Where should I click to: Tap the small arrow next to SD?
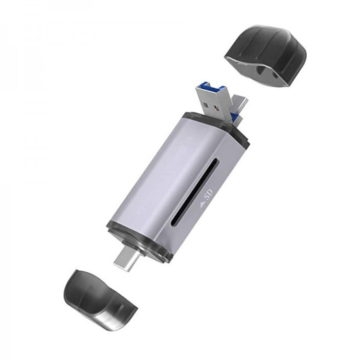coord(203,204)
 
